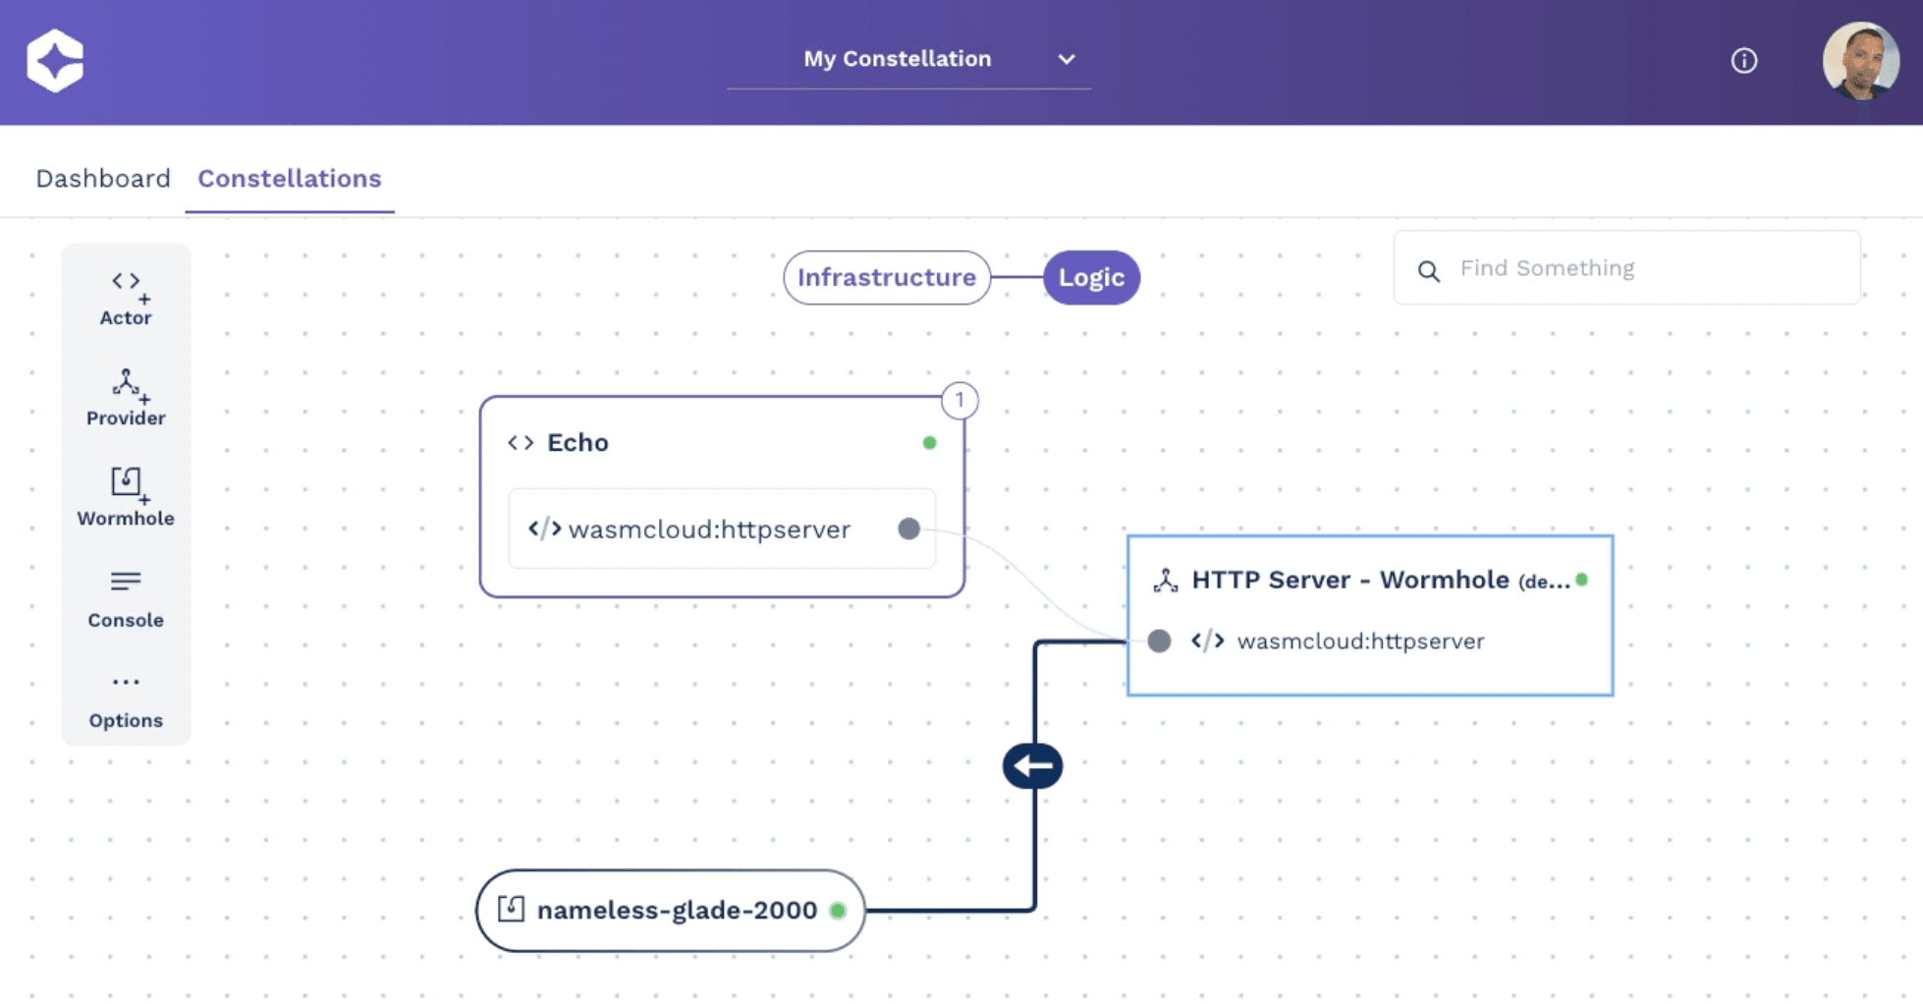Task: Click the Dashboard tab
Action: pyautogui.click(x=103, y=179)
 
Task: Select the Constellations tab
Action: pyautogui.click(x=290, y=179)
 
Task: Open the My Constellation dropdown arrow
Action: pyautogui.click(x=1067, y=59)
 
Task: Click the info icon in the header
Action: pyautogui.click(x=1744, y=61)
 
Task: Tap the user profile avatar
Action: pyautogui.click(x=1861, y=61)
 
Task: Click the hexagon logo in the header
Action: pyautogui.click(x=55, y=61)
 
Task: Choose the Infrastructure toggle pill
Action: pyautogui.click(x=887, y=278)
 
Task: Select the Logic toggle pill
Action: pyautogui.click(x=1091, y=278)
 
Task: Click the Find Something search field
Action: pyautogui.click(x=1626, y=268)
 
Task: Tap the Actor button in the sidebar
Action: pyautogui.click(x=126, y=299)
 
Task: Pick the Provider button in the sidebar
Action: pyautogui.click(x=126, y=398)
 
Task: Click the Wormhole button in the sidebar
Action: pyautogui.click(x=126, y=497)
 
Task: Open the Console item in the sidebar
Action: pyautogui.click(x=126, y=599)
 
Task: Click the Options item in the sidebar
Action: pyautogui.click(x=126, y=701)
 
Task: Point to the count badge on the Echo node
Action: pyautogui.click(x=960, y=401)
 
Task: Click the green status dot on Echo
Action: pyautogui.click(x=929, y=443)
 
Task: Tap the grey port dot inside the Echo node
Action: pyautogui.click(x=909, y=530)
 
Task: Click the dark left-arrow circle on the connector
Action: pyautogui.click(x=1032, y=766)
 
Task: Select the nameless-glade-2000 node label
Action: pyautogui.click(x=677, y=911)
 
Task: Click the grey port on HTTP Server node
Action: pyautogui.click(x=1159, y=641)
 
